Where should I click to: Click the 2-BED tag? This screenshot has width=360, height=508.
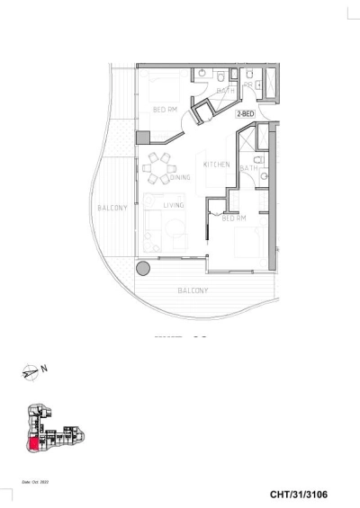coord(245,115)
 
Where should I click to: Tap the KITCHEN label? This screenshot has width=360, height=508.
coord(217,165)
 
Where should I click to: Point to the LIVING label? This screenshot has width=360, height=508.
coord(174,205)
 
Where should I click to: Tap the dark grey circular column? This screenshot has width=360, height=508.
coord(142,268)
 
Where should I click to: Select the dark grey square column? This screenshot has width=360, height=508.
coord(142,138)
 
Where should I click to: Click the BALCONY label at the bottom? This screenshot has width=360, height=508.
coord(193,291)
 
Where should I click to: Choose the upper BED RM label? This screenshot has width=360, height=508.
coord(165,110)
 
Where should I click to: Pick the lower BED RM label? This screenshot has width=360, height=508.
coord(234,218)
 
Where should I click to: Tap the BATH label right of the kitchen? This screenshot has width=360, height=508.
coord(249,168)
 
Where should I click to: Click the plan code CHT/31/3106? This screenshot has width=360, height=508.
coord(308,495)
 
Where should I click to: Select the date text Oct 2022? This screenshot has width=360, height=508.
coord(32,482)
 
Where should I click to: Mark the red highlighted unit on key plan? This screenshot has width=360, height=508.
coord(34,443)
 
